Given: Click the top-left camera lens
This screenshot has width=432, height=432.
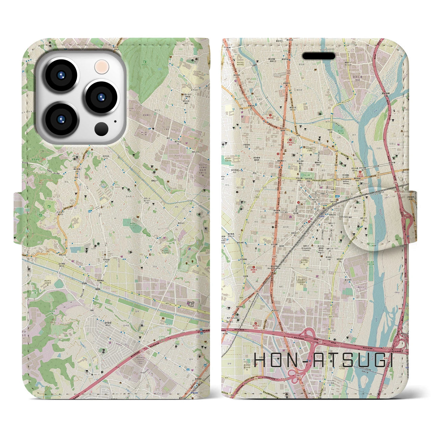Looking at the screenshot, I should coord(61,76).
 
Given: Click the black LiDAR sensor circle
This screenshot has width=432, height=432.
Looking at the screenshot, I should coord(101,129).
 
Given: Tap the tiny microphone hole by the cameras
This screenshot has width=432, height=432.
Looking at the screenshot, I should coord(115,121).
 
